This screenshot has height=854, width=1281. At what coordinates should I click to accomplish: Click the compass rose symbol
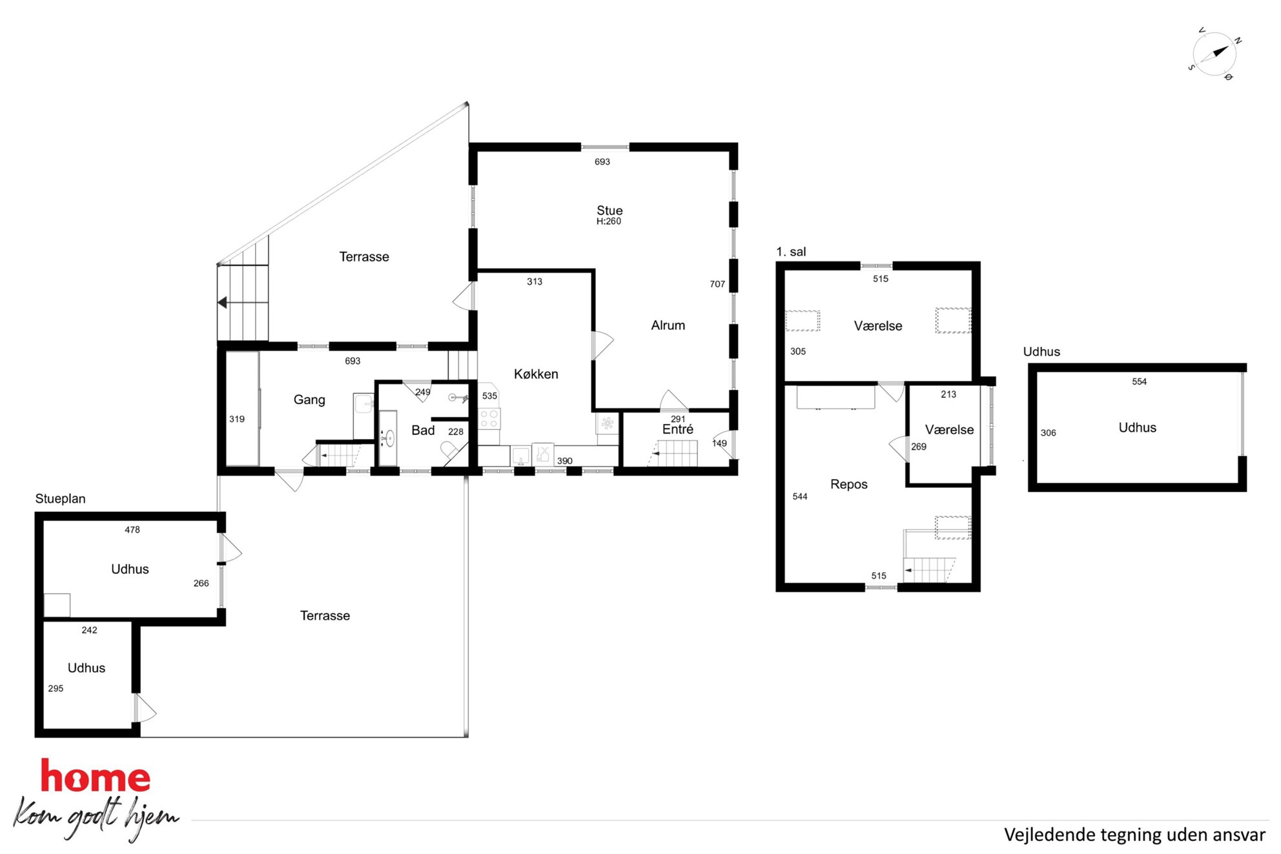pyautogui.click(x=1214, y=54)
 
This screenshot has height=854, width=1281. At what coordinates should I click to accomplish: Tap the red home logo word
pyautogui.click(x=96, y=777)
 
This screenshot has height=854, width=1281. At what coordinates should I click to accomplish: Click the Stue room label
pyautogui.click(x=610, y=210)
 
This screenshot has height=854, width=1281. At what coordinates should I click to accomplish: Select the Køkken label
pyautogui.click(x=536, y=374)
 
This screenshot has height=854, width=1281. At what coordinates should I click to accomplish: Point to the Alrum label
pyautogui.click(x=668, y=325)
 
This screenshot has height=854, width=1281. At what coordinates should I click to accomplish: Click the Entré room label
pyautogui.click(x=677, y=429)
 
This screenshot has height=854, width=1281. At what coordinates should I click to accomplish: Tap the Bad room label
pyautogui.click(x=423, y=431)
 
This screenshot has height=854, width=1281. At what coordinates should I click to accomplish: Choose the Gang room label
pyautogui.click(x=309, y=400)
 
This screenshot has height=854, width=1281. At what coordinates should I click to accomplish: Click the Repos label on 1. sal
pyautogui.click(x=848, y=484)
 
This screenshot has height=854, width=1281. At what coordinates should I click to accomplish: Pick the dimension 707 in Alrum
pyautogui.click(x=717, y=284)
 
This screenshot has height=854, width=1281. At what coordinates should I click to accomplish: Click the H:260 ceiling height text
pyautogui.click(x=608, y=221)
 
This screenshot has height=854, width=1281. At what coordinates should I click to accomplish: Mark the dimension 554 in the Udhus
pyautogui.click(x=1139, y=381)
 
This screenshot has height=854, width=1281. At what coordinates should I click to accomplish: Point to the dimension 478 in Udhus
pyautogui.click(x=132, y=529)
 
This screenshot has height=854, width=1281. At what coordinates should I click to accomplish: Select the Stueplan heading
pyautogui.click(x=60, y=499)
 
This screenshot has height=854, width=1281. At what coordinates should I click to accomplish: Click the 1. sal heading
pyautogui.click(x=791, y=252)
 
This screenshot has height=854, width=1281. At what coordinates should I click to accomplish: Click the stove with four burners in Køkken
pyautogui.click(x=489, y=418)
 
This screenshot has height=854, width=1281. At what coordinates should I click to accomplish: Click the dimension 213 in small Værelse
pyautogui.click(x=948, y=394)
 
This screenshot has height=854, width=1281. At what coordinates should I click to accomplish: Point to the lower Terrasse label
pyautogui.click(x=325, y=616)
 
